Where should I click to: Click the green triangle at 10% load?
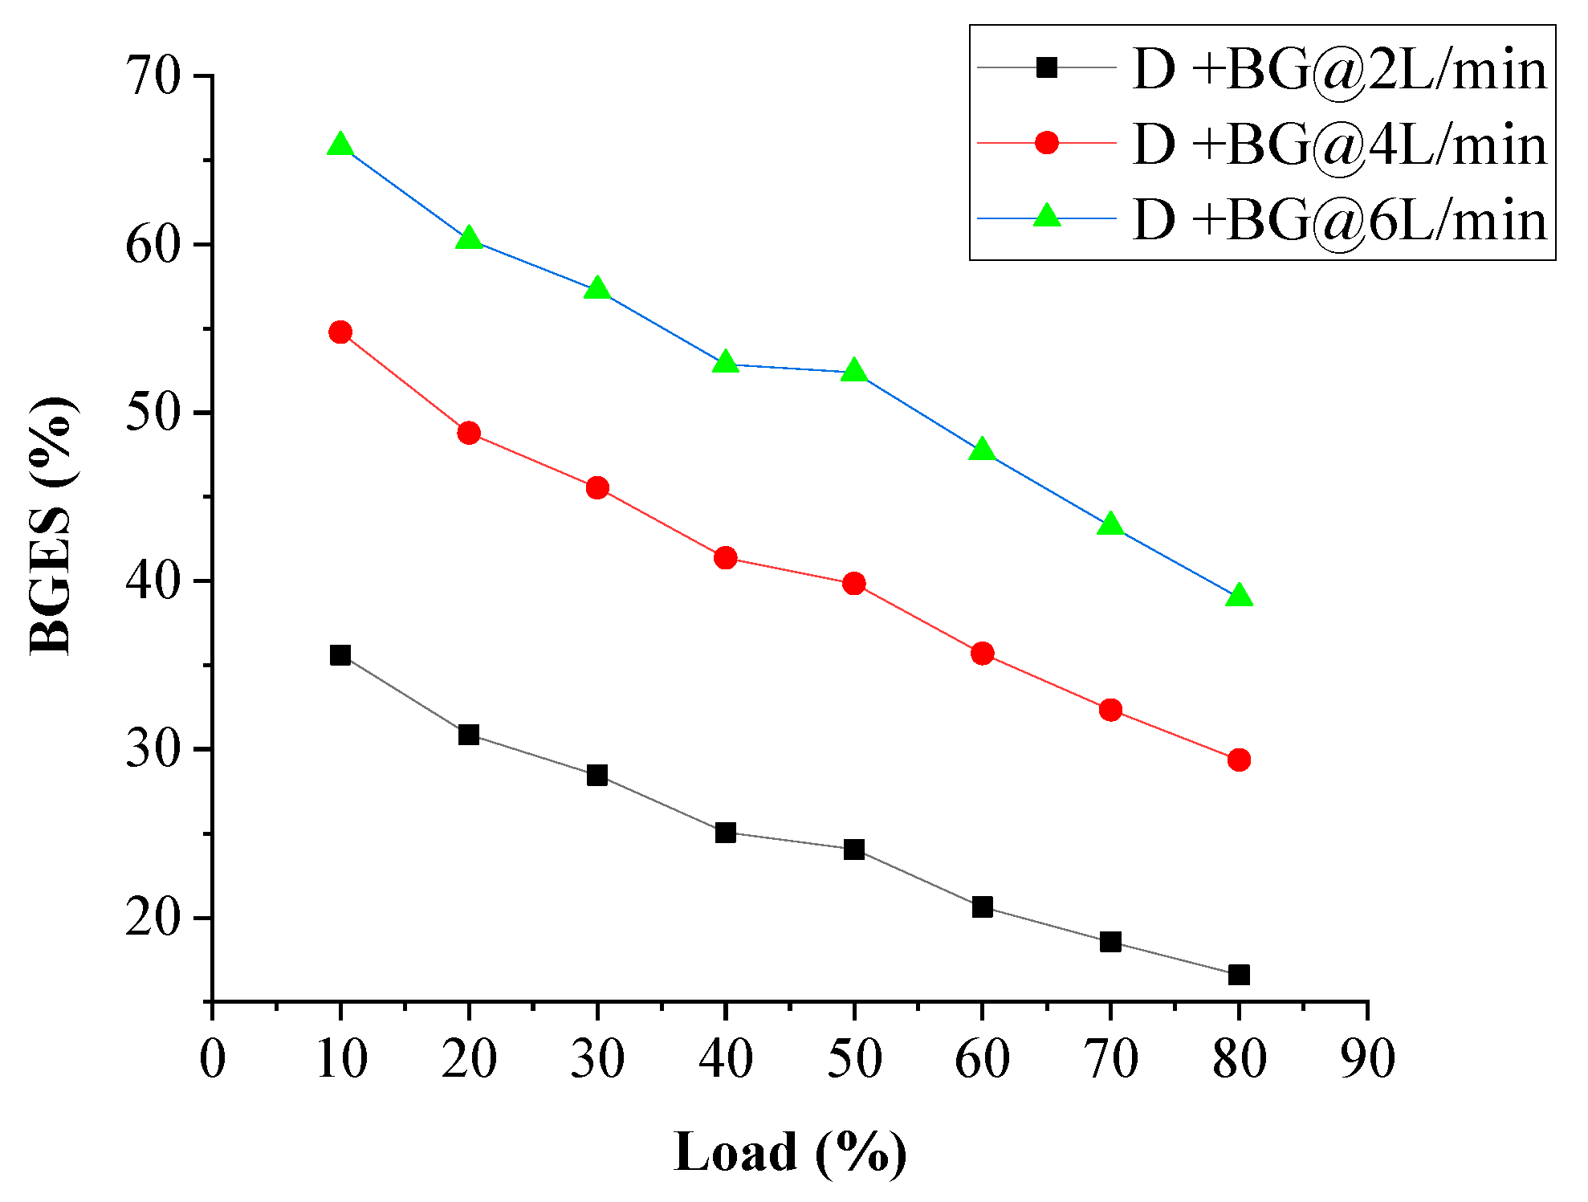[340, 145]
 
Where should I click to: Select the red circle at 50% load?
[853, 584]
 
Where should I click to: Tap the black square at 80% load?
[1239, 975]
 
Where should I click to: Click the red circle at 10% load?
[340, 332]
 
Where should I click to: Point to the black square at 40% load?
[725, 833]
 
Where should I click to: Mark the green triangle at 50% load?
[853, 371]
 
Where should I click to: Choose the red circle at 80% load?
[1239, 760]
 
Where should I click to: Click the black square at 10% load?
[340, 655]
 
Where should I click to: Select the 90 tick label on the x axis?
[1367, 1058]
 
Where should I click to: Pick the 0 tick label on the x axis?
[213, 1058]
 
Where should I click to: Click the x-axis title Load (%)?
[790, 1152]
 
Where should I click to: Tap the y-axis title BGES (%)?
[53, 526]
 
